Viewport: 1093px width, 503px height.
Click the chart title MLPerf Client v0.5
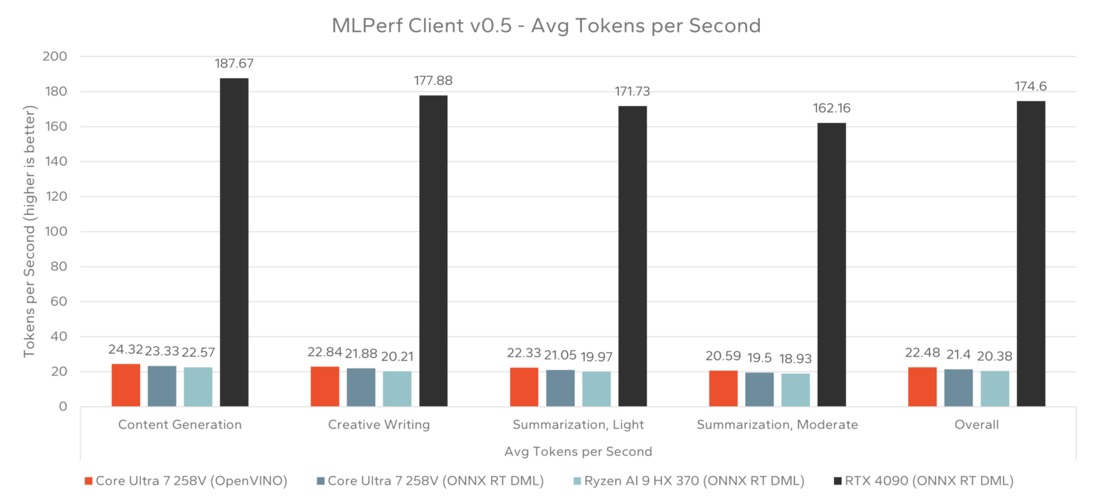point(546,26)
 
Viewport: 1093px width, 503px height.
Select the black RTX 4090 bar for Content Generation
point(234,242)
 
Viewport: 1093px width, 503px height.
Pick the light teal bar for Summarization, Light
point(596,388)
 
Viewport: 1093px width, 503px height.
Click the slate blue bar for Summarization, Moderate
point(759,389)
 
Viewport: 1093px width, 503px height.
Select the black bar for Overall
point(1030,253)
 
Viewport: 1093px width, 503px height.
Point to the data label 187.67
point(234,64)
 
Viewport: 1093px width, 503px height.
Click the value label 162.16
point(832,109)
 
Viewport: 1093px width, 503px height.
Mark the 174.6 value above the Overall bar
point(1030,87)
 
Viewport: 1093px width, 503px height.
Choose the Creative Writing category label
point(379,425)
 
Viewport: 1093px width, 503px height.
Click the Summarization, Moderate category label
point(777,425)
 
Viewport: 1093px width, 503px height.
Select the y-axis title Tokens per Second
point(30,232)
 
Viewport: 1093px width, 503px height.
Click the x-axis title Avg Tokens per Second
point(578,451)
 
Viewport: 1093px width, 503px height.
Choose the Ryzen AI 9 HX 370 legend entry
point(688,481)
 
